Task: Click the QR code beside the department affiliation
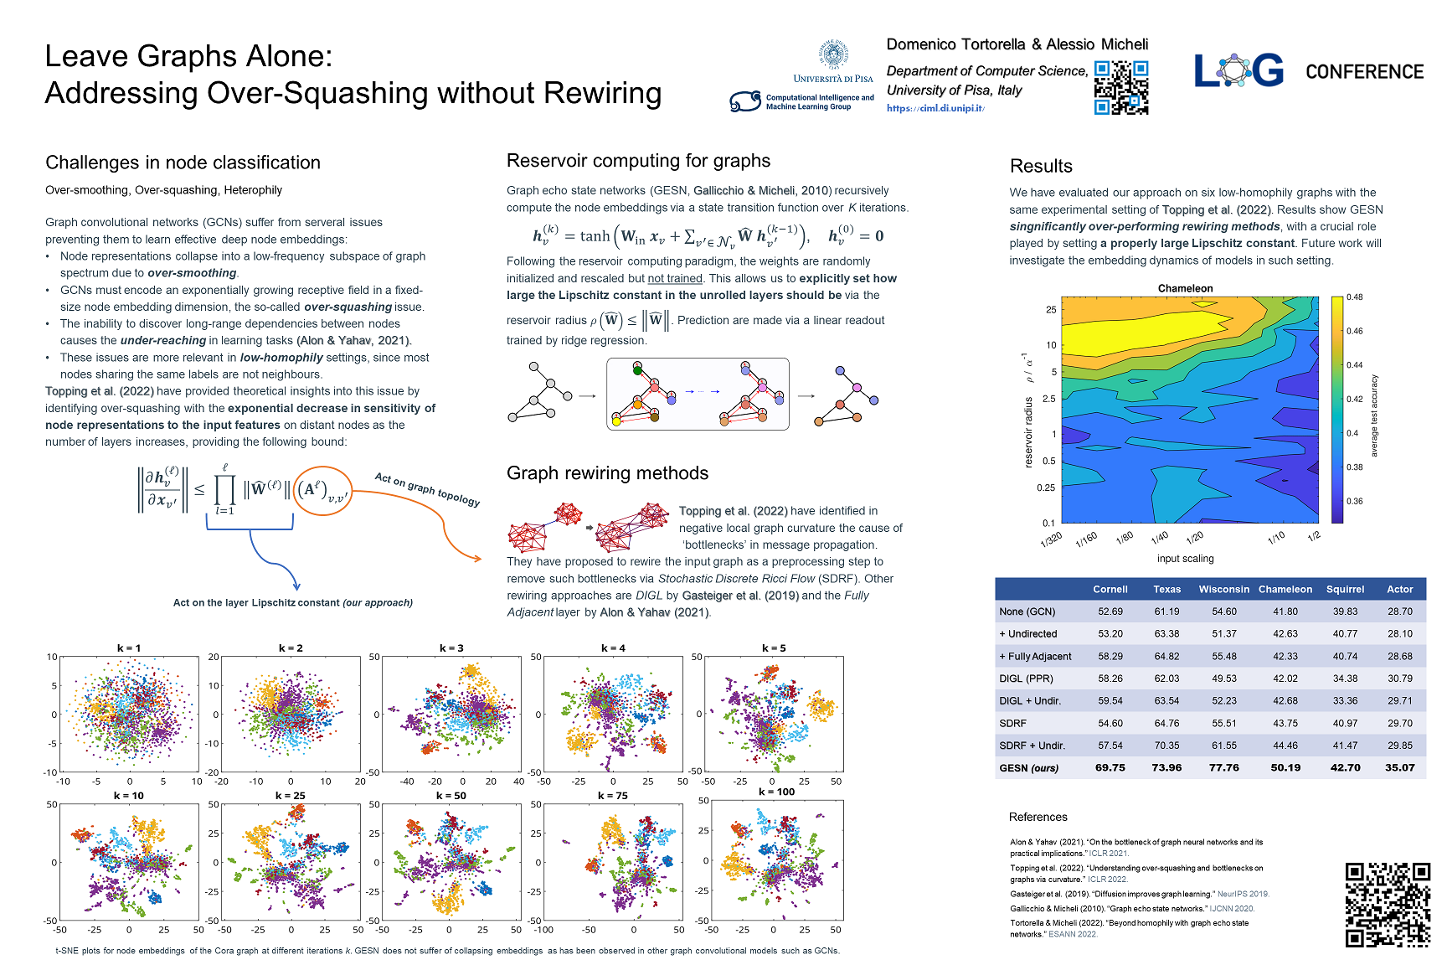coord(1121,87)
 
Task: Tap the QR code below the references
coord(1388,905)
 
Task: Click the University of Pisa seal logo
coord(833,55)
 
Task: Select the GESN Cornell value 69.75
coord(1110,767)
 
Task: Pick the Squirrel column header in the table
coord(1345,589)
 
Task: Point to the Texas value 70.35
coord(1166,746)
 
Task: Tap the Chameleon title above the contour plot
coord(1185,288)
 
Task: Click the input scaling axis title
coord(1185,559)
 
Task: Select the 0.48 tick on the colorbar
coord(1354,297)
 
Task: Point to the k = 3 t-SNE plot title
coord(451,648)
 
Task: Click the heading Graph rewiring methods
coord(607,473)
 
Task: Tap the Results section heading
coord(1041,166)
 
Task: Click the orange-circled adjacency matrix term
coord(322,491)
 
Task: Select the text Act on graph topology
coord(427,489)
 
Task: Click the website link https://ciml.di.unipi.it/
coord(935,109)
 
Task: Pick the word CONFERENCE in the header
coord(1364,72)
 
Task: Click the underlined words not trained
coord(675,278)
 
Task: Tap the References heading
coord(1038,817)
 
